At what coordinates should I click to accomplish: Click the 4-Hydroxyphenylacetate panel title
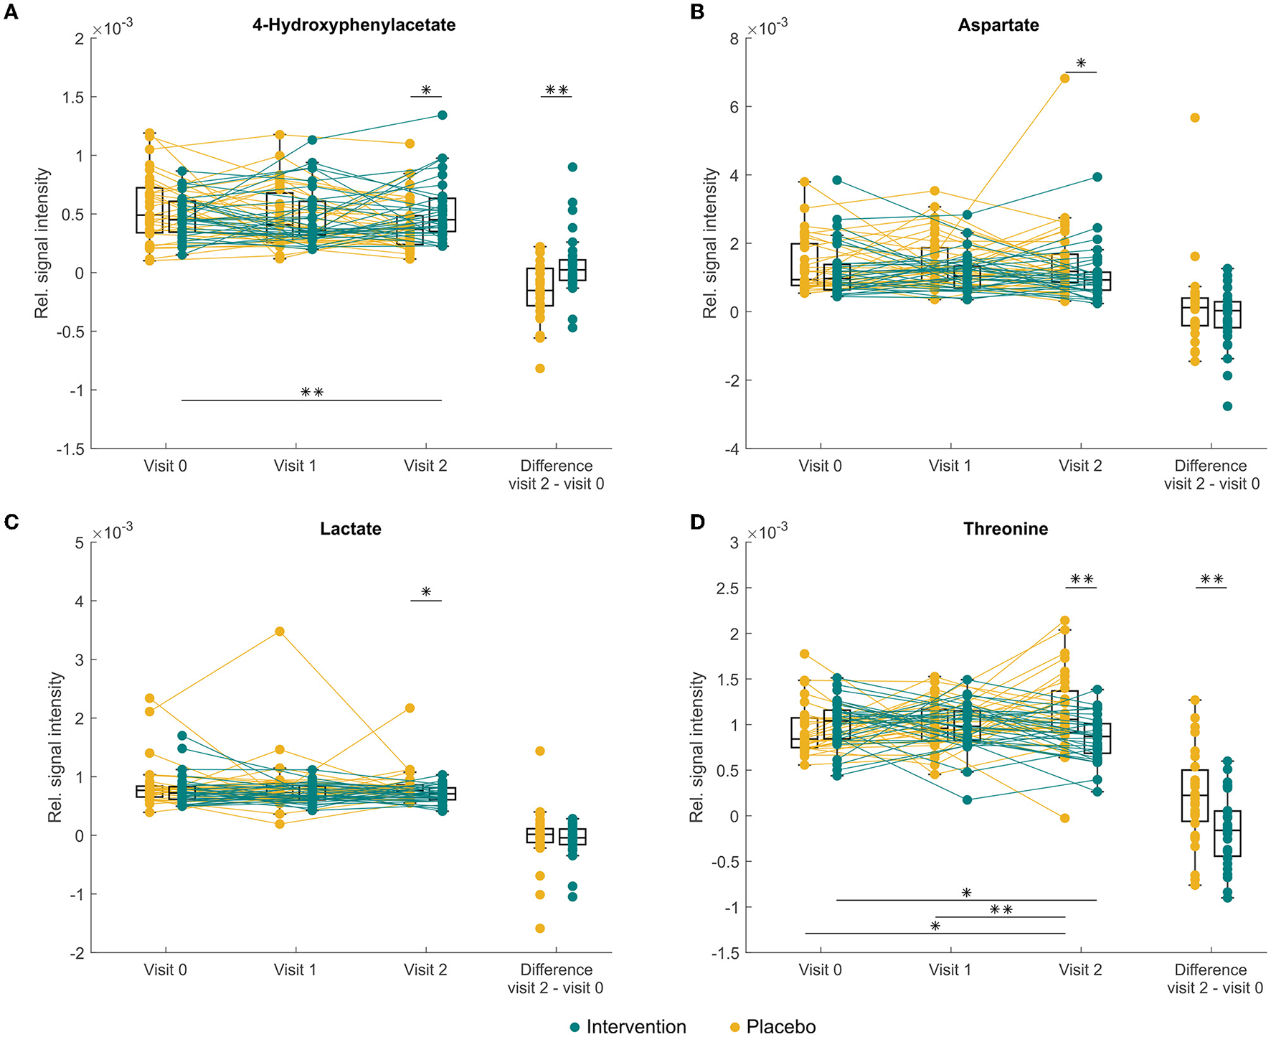(x=354, y=25)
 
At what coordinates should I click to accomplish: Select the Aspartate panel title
(x=998, y=25)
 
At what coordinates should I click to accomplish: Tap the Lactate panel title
(x=351, y=529)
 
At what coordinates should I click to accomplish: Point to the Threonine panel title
(x=1006, y=529)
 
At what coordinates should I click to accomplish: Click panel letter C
(x=11, y=522)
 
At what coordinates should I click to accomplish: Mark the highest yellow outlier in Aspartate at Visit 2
(x=1065, y=78)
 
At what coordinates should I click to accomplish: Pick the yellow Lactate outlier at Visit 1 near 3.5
(x=280, y=632)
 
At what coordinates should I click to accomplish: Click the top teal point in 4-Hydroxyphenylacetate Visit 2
(x=443, y=115)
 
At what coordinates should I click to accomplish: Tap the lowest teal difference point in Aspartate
(x=1227, y=406)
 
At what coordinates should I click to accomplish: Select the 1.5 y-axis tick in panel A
(x=74, y=98)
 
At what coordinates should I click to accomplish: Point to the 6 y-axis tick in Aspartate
(x=734, y=107)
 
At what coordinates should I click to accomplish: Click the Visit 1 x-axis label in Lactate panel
(x=295, y=970)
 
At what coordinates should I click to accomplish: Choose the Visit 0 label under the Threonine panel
(x=820, y=970)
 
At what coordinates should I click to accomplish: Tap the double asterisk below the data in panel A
(x=312, y=393)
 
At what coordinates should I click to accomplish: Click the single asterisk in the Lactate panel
(x=426, y=593)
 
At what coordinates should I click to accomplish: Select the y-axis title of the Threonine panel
(x=696, y=747)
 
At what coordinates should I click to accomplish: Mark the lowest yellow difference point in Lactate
(x=539, y=929)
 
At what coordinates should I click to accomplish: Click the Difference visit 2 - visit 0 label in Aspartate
(x=1211, y=474)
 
